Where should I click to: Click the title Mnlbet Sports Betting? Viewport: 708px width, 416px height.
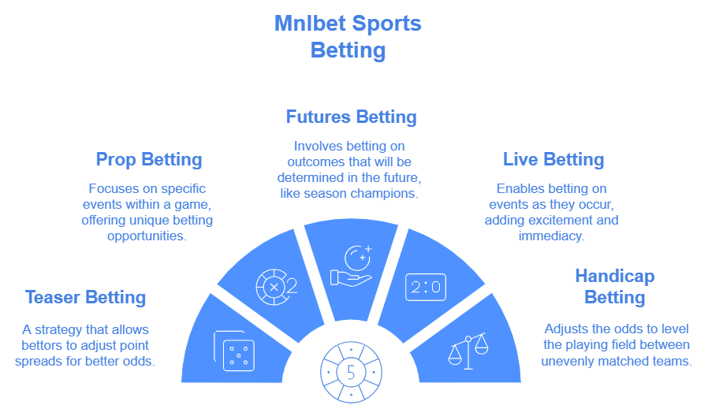[x=348, y=36]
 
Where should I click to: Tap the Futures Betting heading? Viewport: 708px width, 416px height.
[x=351, y=117]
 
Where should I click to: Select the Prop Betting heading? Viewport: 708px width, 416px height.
[x=149, y=160]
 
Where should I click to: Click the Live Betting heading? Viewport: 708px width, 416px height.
[x=553, y=160]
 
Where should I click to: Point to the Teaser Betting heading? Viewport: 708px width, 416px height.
[x=85, y=297]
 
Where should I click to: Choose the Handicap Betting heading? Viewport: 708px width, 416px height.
[x=614, y=287]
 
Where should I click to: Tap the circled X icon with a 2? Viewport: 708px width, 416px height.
[x=276, y=287]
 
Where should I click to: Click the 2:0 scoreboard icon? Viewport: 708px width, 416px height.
[x=426, y=287]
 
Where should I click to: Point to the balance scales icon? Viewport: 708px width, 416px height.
[x=468, y=349]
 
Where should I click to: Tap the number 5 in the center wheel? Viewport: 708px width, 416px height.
[x=351, y=373]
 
